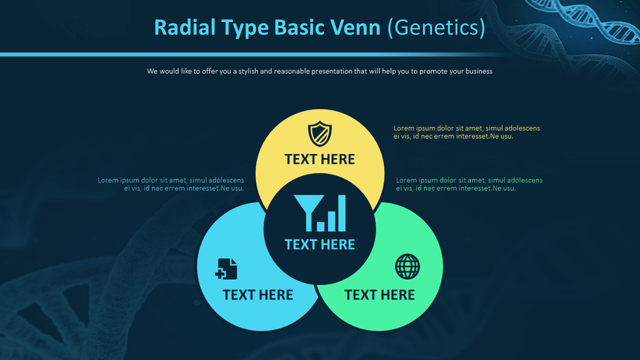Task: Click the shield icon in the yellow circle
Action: (319, 134)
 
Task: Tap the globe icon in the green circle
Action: (407, 266)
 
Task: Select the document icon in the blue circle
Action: (226, 269)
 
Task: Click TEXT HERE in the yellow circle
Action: (319, 159)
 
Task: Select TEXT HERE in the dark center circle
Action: (319, 245)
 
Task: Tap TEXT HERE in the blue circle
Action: (258, 295)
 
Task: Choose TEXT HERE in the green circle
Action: (380, 295)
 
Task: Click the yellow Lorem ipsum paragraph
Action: (466, 132)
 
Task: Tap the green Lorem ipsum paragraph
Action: (469, 184)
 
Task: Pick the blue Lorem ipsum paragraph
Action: (171, 184)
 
